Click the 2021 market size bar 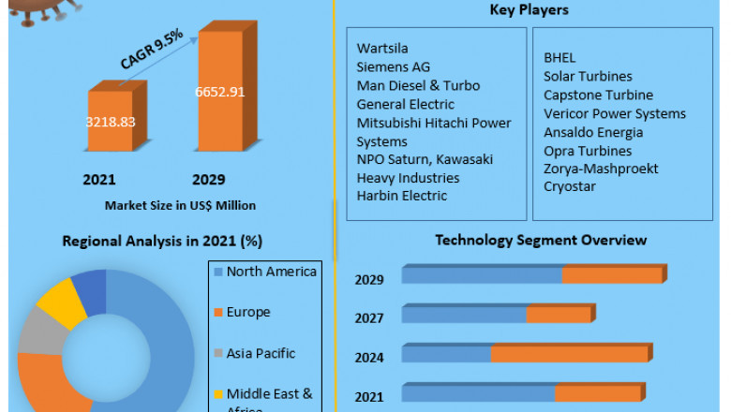click(110, 122)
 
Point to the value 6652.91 click(219, 92)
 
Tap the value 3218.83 click(111, 122)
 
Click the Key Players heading click(530, 10)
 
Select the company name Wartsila click(382, 48)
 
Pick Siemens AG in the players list click(394, 66)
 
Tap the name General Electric click(406, 104)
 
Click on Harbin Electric click(402, 196)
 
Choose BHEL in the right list click(559, 57)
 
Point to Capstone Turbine click(598, 95)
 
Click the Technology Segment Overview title click(541, 240)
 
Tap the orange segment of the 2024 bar click(569, 354)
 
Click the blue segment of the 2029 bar click(482, 274)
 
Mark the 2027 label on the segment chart click(369, 318)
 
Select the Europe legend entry click(247, 312)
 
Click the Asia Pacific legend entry click(261, 353)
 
